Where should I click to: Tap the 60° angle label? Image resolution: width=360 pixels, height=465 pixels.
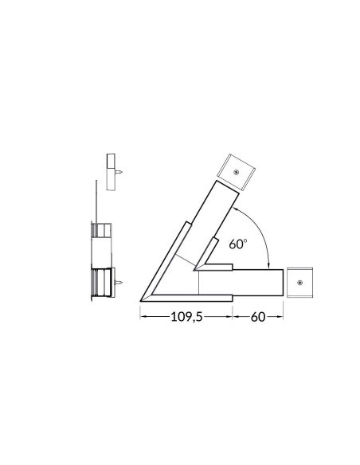point(237,245)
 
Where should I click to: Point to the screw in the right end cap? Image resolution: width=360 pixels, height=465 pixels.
point(300,283)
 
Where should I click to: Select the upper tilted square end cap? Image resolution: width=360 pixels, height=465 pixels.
point(235,170)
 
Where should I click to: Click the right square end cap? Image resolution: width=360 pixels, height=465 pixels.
point(301,283)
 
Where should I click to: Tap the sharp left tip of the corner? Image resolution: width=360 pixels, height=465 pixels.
point(141,300)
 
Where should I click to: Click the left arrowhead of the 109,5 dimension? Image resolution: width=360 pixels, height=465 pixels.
point(143,317)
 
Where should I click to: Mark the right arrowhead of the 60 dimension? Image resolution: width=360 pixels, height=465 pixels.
point(280,317)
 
